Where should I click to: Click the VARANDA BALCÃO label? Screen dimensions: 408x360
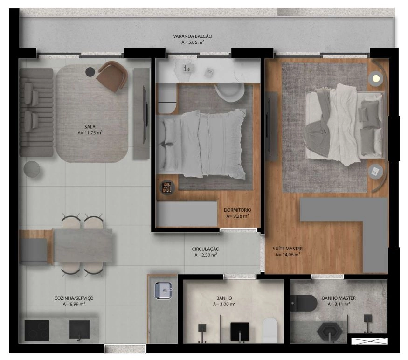[x=193, y=36]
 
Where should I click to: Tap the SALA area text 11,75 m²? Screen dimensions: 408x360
[x=90, y=133]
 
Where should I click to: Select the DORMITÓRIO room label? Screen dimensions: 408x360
[x=237, y=210]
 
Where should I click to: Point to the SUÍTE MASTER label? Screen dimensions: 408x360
[x=288, y=249]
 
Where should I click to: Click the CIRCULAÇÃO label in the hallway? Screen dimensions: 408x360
[x=206, y=249]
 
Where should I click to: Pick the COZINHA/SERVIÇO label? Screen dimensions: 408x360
[x=74, y=298]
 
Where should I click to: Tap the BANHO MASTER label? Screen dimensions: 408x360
[x=339, y=298]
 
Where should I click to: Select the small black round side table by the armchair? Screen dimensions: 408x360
[x=90, y=72]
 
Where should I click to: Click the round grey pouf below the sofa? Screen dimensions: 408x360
[x=32, y=169]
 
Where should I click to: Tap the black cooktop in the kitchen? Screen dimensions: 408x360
[x=37, y=330]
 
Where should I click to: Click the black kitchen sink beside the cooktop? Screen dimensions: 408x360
[x=80, y=330]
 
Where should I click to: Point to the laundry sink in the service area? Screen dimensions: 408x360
[x=163, y=291]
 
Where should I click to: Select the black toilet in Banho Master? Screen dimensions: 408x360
[x=304, y=303]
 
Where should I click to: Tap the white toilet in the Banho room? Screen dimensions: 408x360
[x=270, y=330]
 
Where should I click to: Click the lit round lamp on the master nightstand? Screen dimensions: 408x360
[x=375, y=78]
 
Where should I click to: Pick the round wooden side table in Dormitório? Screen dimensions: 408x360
[x=167, y=187]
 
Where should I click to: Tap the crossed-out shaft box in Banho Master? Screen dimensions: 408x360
[x=369, y=341]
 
